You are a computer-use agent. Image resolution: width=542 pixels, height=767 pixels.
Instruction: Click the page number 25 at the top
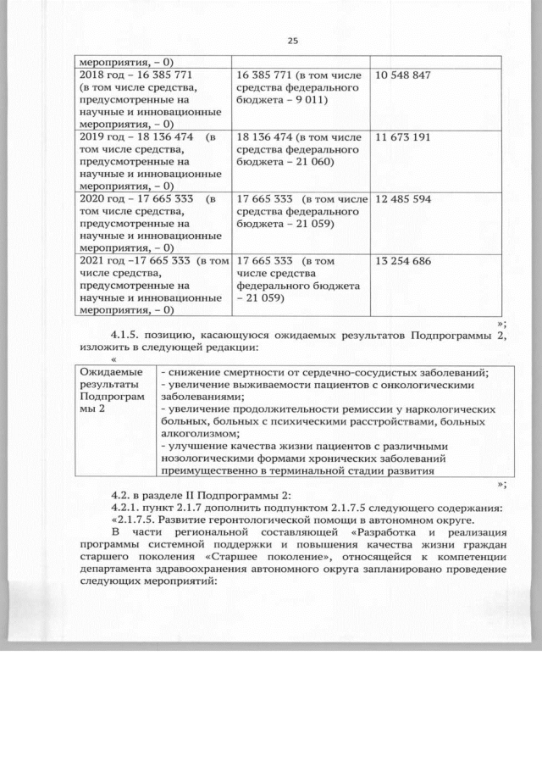tap(293, 40)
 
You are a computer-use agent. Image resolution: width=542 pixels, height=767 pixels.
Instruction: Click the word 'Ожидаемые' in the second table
tap(109, 373)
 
